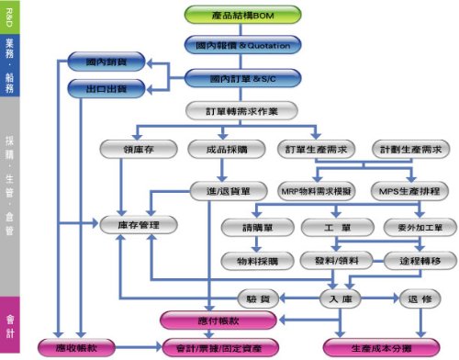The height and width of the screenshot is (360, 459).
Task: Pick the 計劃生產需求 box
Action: pos(410,149)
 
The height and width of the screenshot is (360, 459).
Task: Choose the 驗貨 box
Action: pos(257,298)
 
